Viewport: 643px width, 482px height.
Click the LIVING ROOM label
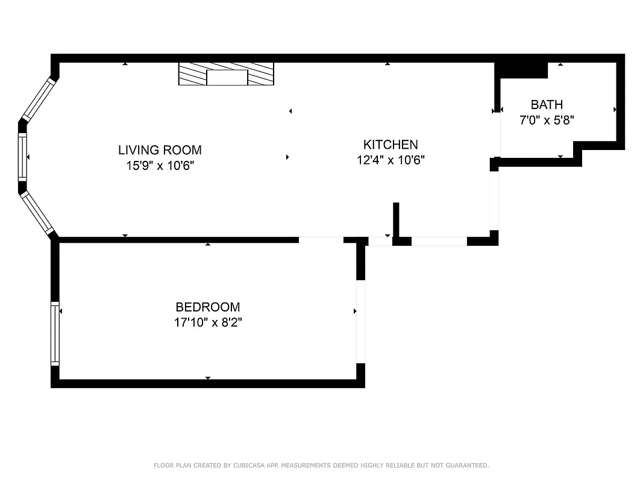point(160,150)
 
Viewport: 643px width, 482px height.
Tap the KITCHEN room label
point(390,145)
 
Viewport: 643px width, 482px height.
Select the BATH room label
point(547,105)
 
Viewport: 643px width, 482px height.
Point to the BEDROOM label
point(207,307)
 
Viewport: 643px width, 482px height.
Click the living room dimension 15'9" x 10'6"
point(160,165)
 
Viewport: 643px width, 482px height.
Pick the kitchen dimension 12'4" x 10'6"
point(390,160)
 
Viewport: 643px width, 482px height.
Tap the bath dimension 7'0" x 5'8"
point(547,120)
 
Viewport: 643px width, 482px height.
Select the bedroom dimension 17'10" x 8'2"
point(208,323)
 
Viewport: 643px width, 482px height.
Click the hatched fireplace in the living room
point(226,74)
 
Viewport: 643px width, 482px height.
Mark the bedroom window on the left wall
point(55,333)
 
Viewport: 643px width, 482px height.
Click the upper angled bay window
point(38,99)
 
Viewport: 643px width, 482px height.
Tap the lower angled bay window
point(38,213)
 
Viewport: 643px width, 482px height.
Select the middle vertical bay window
point(23,157)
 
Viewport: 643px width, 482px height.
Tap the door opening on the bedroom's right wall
point(361,322)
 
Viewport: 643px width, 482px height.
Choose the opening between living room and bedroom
point(321,240)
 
